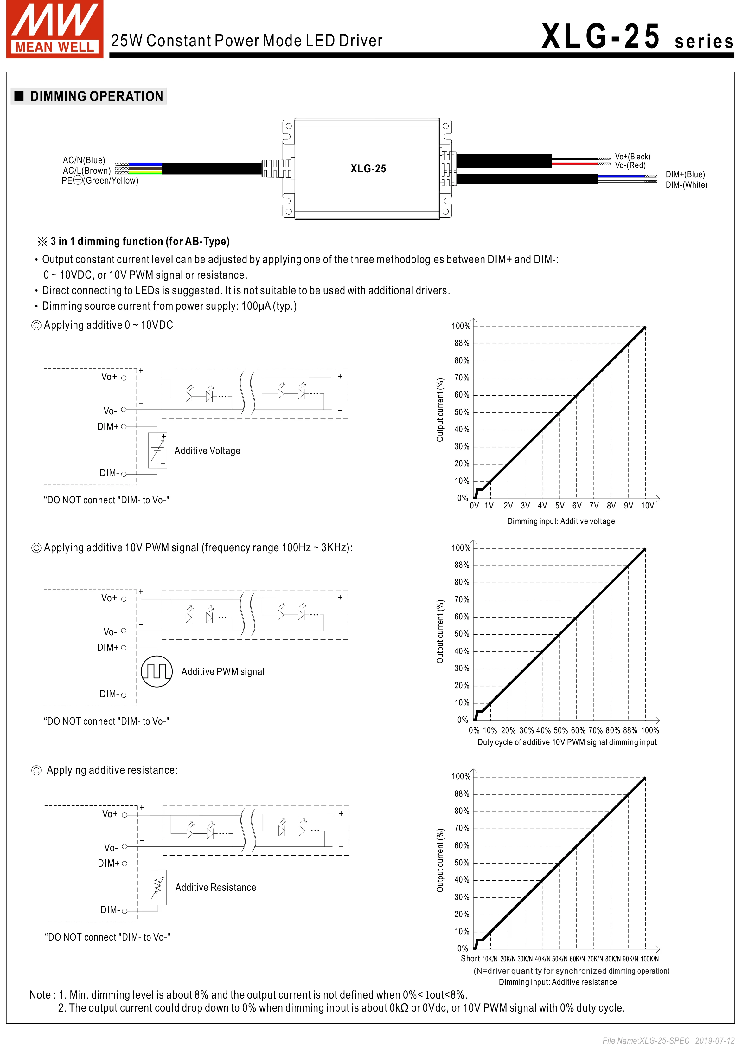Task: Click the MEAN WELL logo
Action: point(54,29)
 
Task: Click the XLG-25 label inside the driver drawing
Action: point(368,169)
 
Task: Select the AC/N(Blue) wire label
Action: point(84,160)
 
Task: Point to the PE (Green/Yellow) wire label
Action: point(100,181)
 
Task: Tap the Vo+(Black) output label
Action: point(632,157)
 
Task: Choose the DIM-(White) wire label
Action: point(686,185)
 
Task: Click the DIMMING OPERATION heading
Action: point(96,96)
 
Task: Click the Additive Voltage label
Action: point(207,451)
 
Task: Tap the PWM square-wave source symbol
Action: point(157,671)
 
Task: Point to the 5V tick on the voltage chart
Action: point(559,506)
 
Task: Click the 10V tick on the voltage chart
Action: point(647,506)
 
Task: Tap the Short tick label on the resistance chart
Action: point(470,959)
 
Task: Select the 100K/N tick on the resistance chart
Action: point(649,959)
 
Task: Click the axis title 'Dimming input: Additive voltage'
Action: point(561,521)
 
